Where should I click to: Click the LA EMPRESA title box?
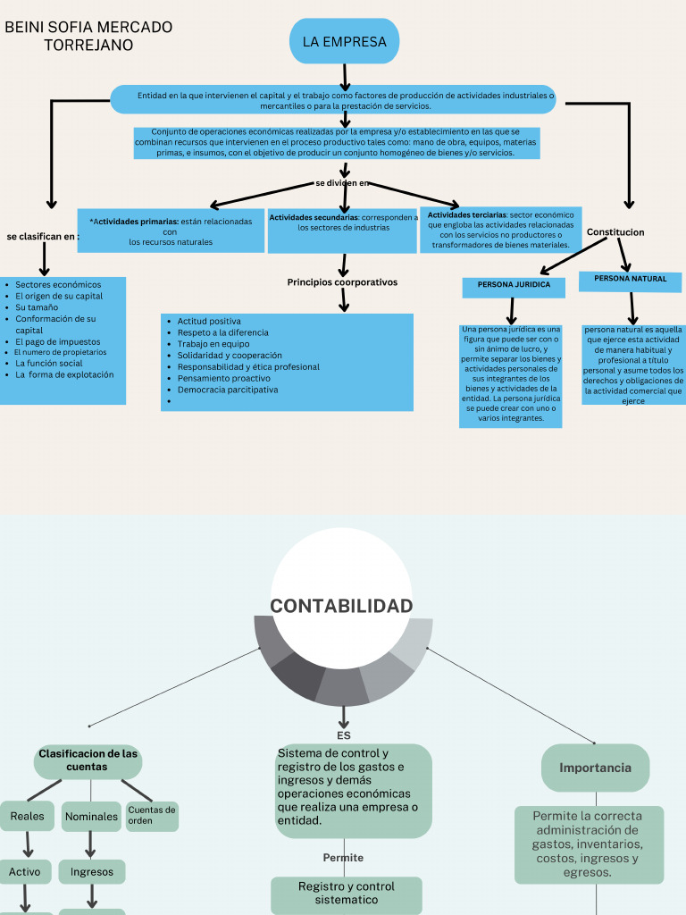[x=344, y=41]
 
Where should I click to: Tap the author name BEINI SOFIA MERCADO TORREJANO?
[x=88, y=36]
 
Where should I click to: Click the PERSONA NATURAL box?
[x=631, y=280]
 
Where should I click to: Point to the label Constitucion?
[x=615, y=232]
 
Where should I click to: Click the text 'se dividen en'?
[x=342, y=183]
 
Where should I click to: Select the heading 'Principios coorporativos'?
[x=342, y=282]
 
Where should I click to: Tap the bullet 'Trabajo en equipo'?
[x=213, y=344]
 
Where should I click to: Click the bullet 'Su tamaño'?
[x=37, y=307]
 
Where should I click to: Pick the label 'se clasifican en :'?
[x=42, y=237]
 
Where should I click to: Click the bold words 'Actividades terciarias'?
[x=466, y=215]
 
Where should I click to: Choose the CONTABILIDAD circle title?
[x=341, y=607]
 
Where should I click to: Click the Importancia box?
[x=595, y=768]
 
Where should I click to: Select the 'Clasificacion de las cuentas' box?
[x=88, y=760]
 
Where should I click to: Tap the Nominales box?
[x=91, y=817]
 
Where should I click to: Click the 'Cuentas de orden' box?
[x=152, y=816]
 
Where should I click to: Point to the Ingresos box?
[x=92, y=871]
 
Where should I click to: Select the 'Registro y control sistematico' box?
[x=347, y=894]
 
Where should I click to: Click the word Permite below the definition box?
[x=343, y=858]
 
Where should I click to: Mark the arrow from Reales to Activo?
[x=28, y=844]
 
